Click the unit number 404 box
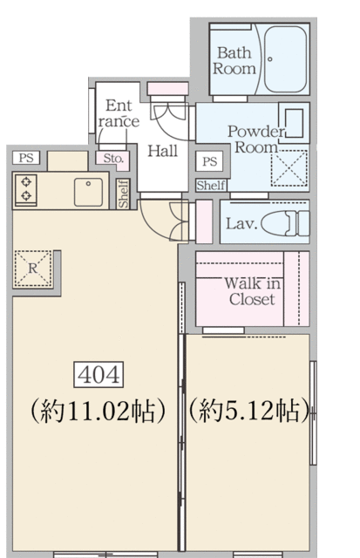pos(98,374)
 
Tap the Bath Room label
pos(234,60)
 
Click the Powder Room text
pos(255,139)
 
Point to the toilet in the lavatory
pos(285,223)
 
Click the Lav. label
pos(241,224)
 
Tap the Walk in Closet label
pos(252,291)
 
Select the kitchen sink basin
pos(88,192)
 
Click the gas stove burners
pos(25,189)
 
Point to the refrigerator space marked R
pos(32,269)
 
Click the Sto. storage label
pos(113,159)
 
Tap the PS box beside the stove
pos(26,158)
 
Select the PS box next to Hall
pos(209,161)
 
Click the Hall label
pos(162,151)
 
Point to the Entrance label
pos(119,113)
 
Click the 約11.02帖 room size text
pos(98,411)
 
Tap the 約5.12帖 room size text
pos(248,411)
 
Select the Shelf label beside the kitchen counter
pos(124,194)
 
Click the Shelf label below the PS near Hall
pos(211,186)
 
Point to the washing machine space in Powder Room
pos(289,168)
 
